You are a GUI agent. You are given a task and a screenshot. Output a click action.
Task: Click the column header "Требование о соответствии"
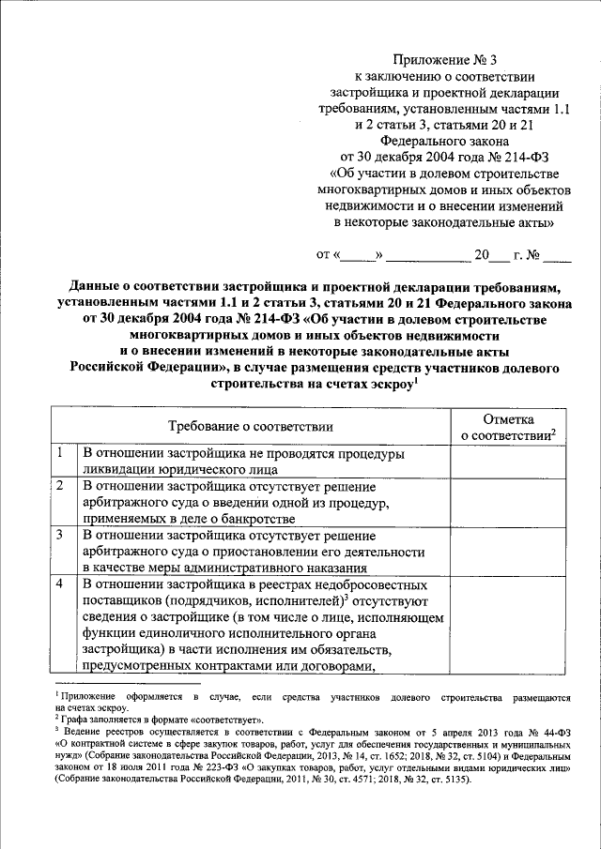click(x=252, y=426)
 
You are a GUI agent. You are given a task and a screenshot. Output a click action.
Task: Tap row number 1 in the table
click(x=59, y=453)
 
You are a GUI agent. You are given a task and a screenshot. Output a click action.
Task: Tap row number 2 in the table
click(x=59, y=486)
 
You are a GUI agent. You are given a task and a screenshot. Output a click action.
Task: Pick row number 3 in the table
click(x=59, y=535)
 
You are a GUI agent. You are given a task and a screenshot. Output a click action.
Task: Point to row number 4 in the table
click(x=59, y=584)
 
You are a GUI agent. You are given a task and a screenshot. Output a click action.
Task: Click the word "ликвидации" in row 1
click(x=119, y=469)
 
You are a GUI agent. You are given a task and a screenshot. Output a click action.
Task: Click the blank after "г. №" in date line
click(x=556, y=255)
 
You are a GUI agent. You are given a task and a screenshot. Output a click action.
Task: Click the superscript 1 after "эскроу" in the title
click(x=414, y=380)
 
